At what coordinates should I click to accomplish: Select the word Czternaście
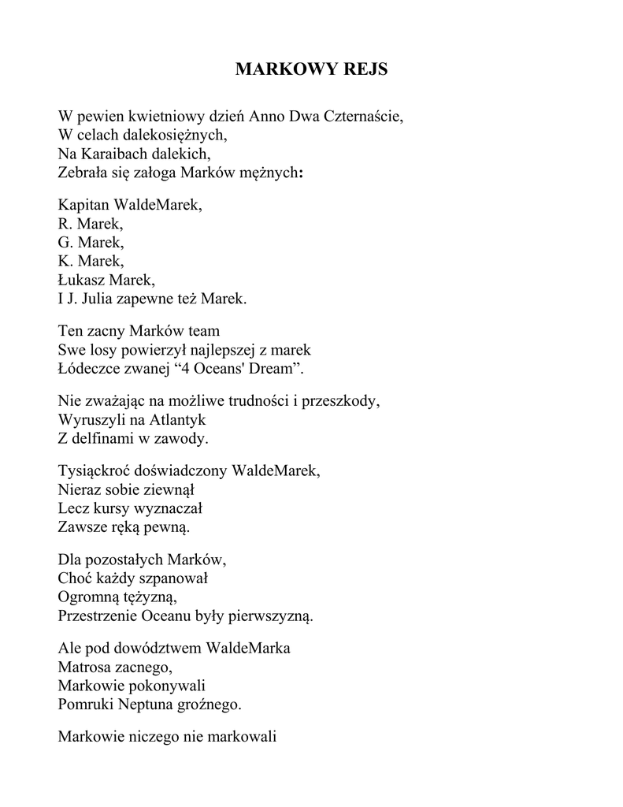363,117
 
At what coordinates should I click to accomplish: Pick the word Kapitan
84,206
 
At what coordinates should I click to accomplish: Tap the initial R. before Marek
65,225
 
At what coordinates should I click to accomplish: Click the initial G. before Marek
65,243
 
